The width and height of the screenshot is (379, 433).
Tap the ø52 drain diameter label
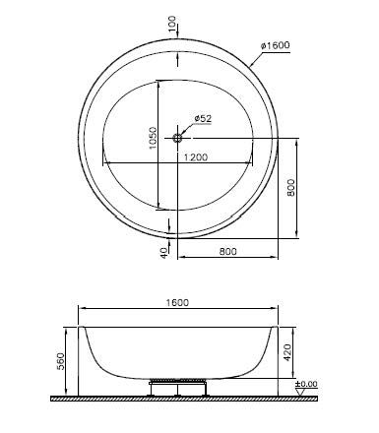click(x=202, y=119)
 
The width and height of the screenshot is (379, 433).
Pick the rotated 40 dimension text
click(x=163, y=254)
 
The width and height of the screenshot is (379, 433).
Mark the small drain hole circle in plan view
click(x=178, y=138)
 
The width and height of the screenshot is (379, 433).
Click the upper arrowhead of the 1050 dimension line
click(x=157, y=80)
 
